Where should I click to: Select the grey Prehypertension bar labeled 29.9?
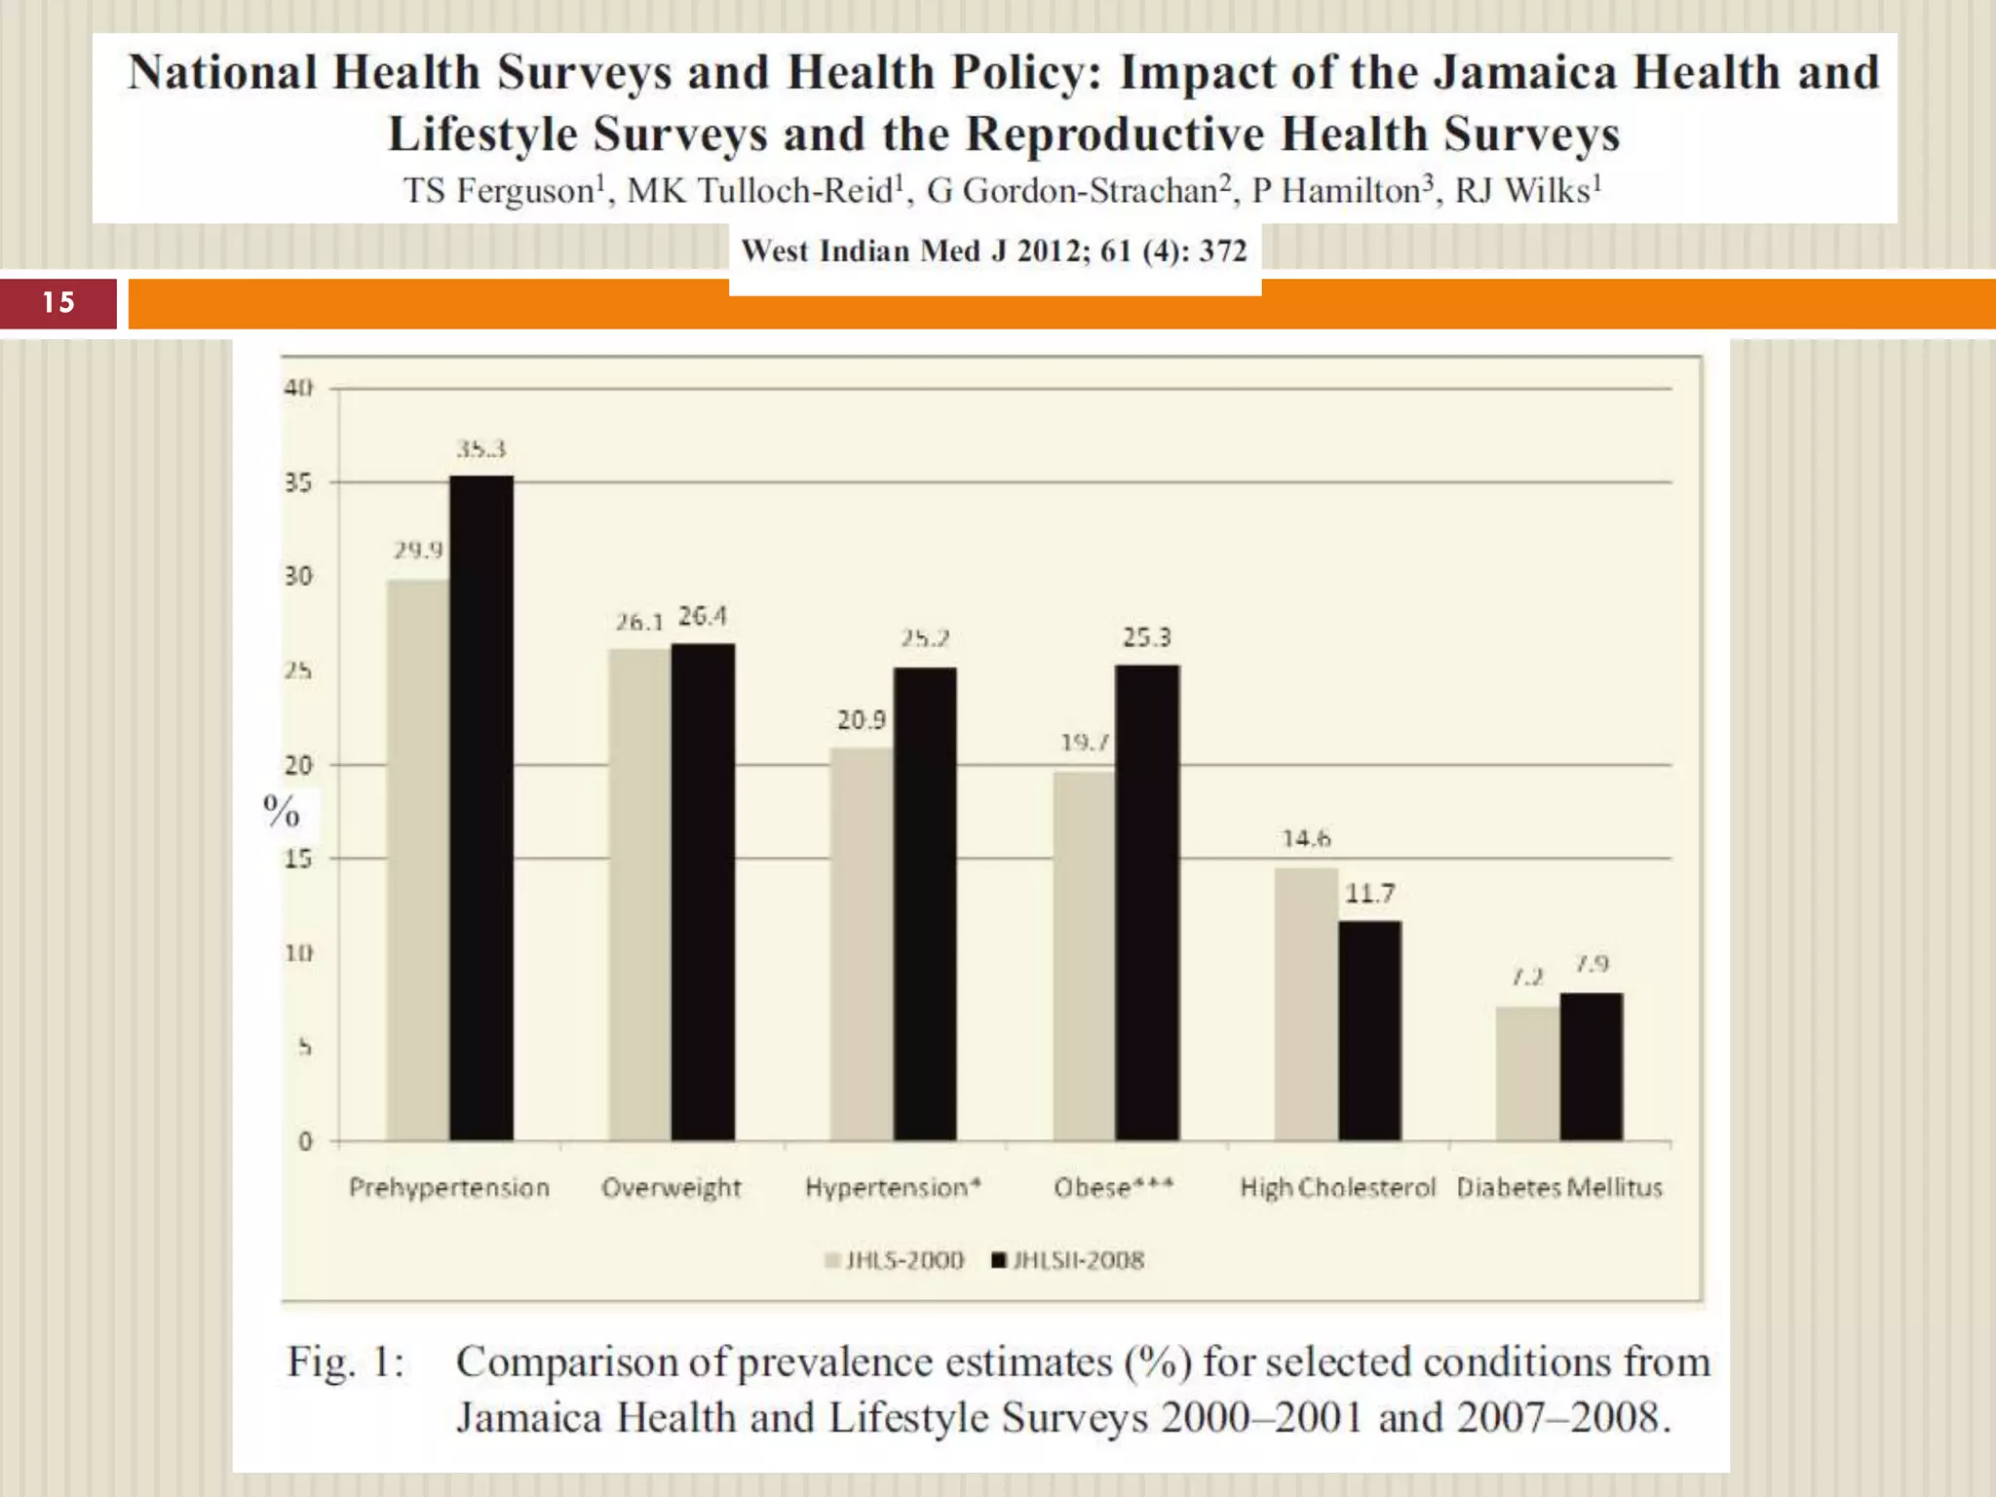point(418,860)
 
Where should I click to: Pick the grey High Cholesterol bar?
point(1306,1004)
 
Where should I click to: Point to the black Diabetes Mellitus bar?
point(1591,1066)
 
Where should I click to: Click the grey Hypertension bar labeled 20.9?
point(862,943)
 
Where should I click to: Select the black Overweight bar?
point(703,891)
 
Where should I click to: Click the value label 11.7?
point(1369,893)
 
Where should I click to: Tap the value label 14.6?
point(1306,838)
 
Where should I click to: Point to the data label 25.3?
point(1146,637)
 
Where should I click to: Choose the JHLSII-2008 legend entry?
point(1068,1260)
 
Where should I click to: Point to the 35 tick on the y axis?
point(298,482)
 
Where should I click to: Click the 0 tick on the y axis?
point(305,1141)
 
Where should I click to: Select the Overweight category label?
point(671,1187)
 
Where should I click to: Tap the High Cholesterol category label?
point(1337,1187)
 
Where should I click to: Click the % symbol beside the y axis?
point(281,811)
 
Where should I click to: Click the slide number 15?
point(58,302)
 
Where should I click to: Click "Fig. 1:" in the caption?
point(345,1362)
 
